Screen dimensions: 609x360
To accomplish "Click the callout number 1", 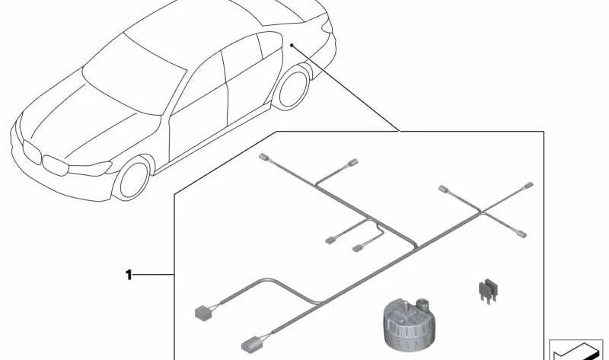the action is click(129, 275).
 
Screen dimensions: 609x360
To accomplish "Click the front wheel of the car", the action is click(132, 179).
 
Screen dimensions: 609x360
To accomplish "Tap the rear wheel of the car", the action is click(292, 88).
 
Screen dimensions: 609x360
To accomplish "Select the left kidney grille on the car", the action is click(32, 152).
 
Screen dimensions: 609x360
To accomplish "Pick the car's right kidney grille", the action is click(56, 165).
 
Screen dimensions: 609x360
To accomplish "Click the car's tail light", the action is click(327, 26).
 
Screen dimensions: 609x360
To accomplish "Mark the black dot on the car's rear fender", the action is click(292, 46).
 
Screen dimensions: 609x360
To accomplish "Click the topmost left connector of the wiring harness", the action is click(263, 158).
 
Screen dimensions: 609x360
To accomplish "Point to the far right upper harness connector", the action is click(528, 186).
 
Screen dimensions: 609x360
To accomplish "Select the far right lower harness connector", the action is click(521, 234).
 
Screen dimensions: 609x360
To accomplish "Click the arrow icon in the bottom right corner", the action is click(576, 352).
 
